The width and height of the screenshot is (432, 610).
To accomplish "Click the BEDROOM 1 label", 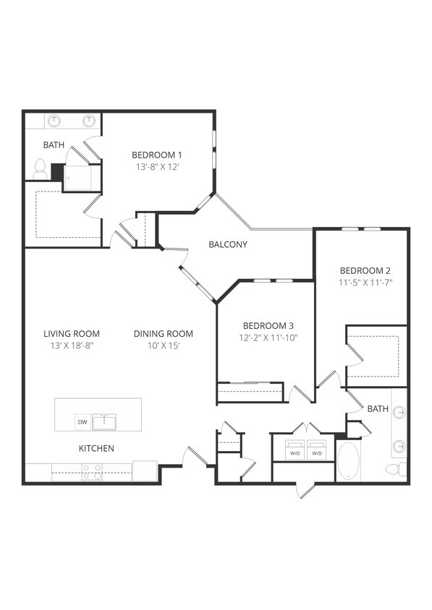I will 156,155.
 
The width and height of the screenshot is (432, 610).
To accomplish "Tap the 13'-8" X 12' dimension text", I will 156,166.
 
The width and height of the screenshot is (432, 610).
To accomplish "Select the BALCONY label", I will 228,244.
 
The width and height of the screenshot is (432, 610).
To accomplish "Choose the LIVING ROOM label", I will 72,334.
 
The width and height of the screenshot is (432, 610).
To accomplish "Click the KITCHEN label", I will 96,449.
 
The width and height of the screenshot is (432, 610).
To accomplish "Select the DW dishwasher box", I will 82,422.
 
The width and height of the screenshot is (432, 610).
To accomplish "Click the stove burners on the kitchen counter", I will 92,472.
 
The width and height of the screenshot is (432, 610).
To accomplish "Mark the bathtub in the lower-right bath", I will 348,460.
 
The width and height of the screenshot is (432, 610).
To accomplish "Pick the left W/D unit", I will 295,450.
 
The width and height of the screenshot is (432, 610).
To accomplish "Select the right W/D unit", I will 316,450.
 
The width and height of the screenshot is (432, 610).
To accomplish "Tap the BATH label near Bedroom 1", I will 54,145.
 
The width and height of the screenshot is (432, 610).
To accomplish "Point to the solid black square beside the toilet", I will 56,172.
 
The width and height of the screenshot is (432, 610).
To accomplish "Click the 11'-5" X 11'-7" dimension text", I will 365,283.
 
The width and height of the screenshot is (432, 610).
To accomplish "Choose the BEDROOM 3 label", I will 268,326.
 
